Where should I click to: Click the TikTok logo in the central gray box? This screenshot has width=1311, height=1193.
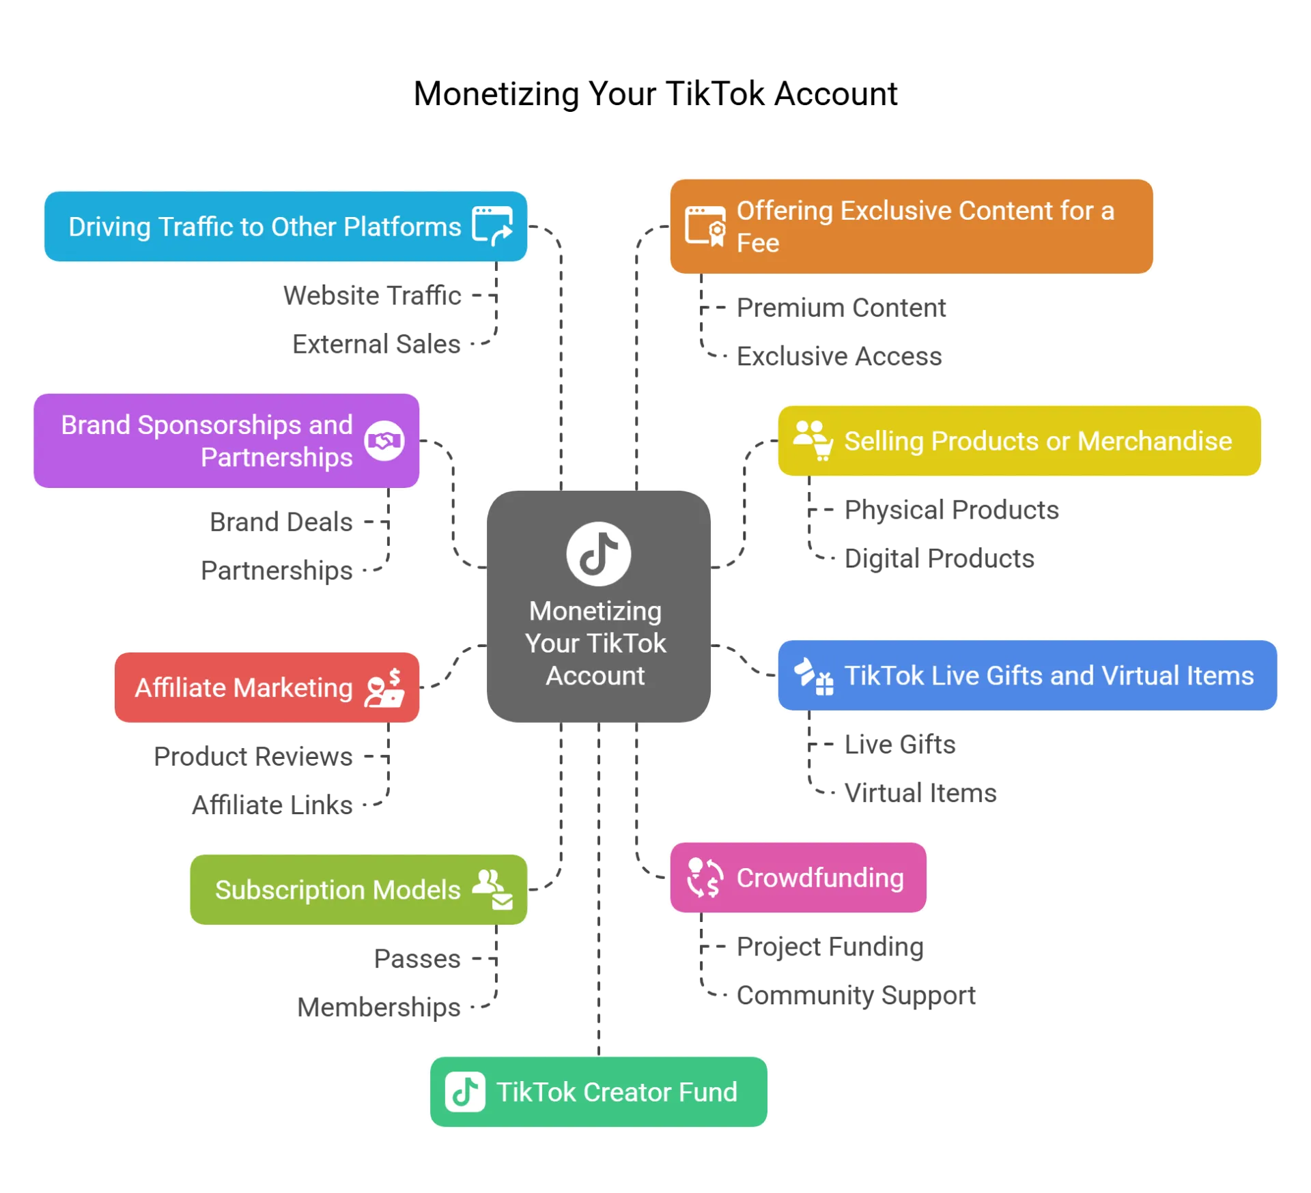(598, 554)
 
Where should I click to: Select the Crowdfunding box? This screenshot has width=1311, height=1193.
(798, 878)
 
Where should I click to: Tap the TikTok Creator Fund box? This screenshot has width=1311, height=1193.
(598, 1092)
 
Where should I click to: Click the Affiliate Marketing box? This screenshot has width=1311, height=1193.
(267, 688)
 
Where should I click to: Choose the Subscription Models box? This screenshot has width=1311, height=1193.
(358, 890)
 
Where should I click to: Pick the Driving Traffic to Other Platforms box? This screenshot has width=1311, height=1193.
(285, 227)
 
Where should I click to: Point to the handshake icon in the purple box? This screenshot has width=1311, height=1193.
(384, 441)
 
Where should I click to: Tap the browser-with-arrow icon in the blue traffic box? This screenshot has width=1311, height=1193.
(492, 226)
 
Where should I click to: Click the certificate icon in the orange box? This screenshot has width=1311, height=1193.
(706, 227)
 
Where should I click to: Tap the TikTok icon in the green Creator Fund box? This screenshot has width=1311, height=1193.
(465, 1092)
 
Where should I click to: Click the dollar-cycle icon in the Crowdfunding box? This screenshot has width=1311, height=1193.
(705, 878)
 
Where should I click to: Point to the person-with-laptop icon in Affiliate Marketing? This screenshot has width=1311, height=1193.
(385, 688)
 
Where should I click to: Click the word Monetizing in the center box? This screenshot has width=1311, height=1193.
(595, 612)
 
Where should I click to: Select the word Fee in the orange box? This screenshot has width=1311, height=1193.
(758, 244)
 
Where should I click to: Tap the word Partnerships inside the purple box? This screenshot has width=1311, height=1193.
(277, 457)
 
